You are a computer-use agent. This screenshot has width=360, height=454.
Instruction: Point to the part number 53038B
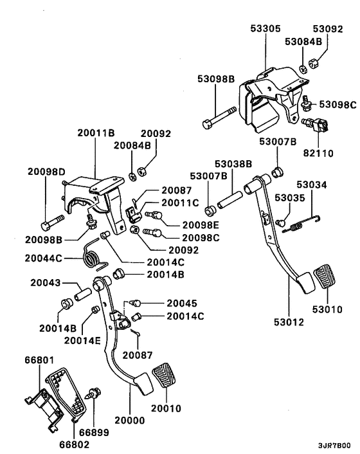[232, 164]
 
